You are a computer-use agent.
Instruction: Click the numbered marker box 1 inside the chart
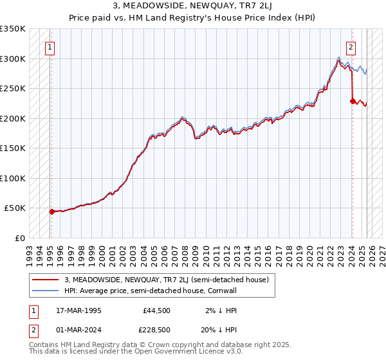(x=50, y=46)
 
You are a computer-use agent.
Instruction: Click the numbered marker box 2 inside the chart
(x=351, y=46)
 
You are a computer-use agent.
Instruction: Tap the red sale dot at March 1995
(x=51, y=211)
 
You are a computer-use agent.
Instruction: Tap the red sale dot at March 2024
(x=353, y=101)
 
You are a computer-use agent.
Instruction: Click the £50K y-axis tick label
(x=15, y=208)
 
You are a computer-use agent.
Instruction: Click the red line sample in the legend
(x=46, y=280)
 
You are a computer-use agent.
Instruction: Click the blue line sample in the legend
(x=46, y=290)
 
